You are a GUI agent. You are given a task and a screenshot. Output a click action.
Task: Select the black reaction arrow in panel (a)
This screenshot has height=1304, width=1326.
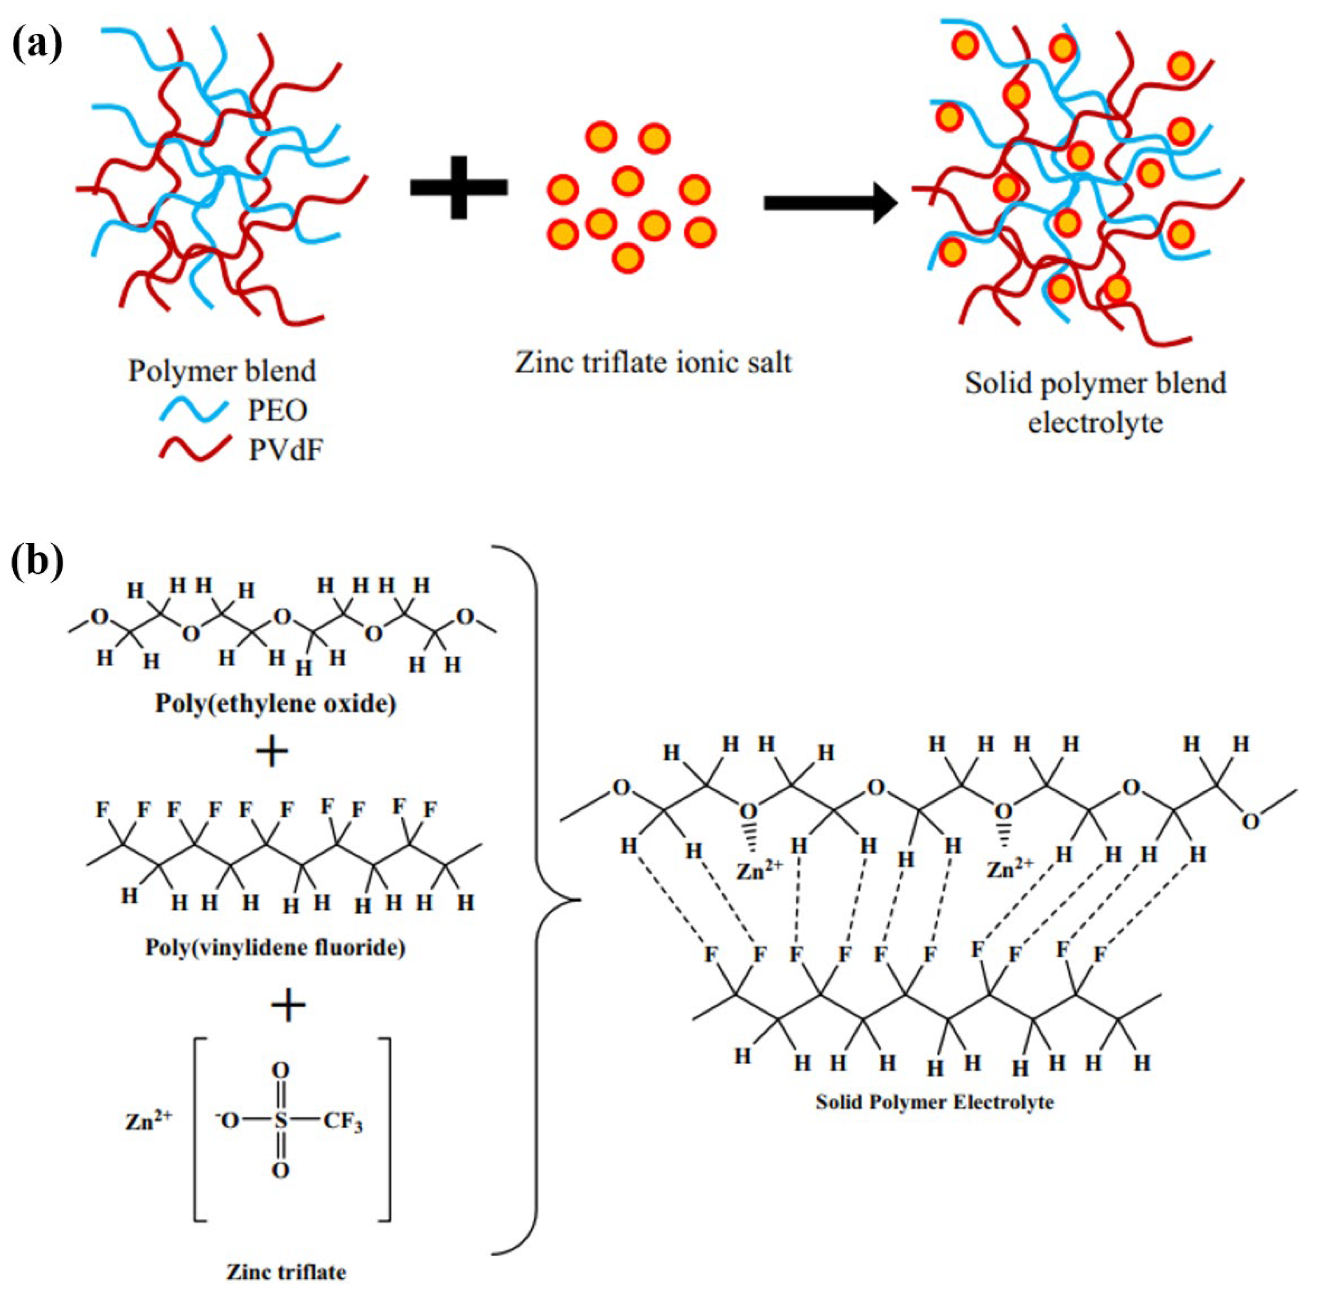tap(829, 203)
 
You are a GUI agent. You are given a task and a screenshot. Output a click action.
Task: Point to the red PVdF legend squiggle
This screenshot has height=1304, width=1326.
tap(195, 448)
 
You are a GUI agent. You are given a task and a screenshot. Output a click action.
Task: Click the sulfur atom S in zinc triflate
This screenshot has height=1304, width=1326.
tap(281, 1121)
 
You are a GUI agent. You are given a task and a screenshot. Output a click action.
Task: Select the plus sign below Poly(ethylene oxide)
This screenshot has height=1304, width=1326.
tap(272, 752)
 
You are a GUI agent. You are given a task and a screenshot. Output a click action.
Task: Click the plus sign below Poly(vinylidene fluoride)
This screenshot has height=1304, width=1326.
tap(288, 1005)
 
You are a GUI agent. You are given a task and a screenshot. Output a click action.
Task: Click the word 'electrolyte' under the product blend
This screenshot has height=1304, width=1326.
tap(1094, 423)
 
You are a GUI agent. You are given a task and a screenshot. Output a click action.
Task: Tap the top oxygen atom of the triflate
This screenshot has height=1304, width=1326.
tap(281, 1070)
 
